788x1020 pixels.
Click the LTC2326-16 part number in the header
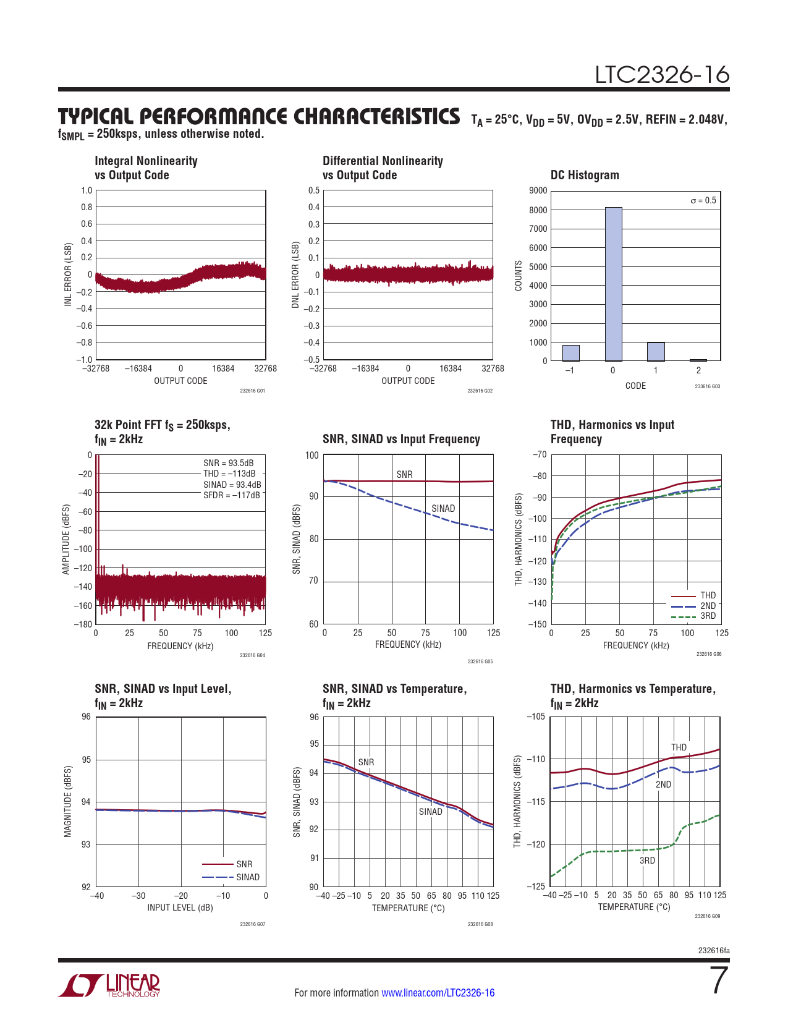(x=662, y=75)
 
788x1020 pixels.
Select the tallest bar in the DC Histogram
(x=613, y=284)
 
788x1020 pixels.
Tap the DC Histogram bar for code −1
(x=570, y=353)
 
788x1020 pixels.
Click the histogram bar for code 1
(x=656, y=352)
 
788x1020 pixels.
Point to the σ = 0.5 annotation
(x=703, y=200)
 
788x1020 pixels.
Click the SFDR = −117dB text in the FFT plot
(x=232, y=495)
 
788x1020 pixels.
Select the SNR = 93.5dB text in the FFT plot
(x=228, y=463)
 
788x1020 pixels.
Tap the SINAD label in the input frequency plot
(x=443, y=508)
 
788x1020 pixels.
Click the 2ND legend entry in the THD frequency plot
(x=708, y=606)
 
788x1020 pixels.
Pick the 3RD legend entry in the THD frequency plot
(x=708, y=616)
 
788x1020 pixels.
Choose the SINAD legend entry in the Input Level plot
(x=248, y=877)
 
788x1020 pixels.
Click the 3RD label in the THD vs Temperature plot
(x=647, y=861)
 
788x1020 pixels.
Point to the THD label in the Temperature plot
(x=679, y=747)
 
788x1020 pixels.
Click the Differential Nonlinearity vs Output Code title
(x=383, y=168)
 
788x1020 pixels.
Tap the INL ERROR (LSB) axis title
(x=69, y=274)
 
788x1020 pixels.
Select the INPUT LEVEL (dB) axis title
(x=180, y=907)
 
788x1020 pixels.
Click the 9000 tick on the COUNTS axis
(x=538, y=190)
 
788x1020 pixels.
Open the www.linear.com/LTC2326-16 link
(x=438, y=993)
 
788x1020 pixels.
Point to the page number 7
(x=718, y=981)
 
